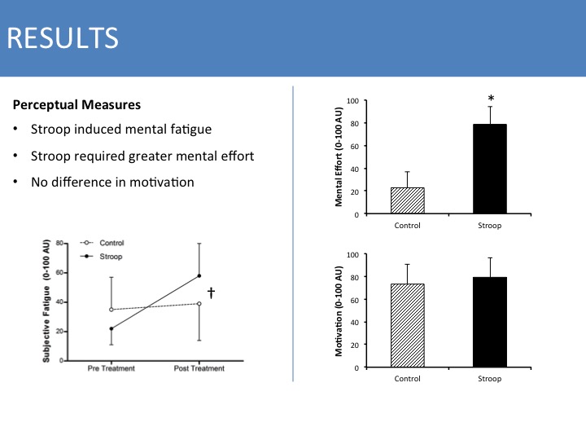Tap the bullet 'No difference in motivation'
pos(112,182)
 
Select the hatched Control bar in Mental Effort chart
pos(407,200)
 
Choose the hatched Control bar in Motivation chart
pos(407,325)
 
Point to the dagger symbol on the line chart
pos(211,293)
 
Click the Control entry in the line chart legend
pos(112,244)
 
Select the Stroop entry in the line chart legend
pos(111,256)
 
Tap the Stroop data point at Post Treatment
pos(199,275)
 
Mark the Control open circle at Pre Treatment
pos(111,310)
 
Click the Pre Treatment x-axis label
pos(111,368)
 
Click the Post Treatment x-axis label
pos(199,368)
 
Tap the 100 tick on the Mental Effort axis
pos(352,100)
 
